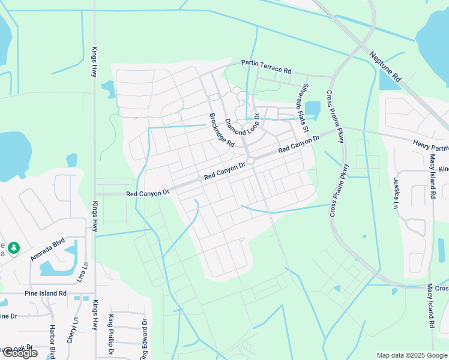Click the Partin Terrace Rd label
(266, 66)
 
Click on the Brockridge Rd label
(221, 130)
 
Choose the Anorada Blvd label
(47, 250)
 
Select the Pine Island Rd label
(46, 293)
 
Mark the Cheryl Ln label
(75, 329)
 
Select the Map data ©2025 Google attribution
(412, 355)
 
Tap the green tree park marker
(13, 247)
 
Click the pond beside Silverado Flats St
(312, 109)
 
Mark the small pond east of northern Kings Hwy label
(109, 88)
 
